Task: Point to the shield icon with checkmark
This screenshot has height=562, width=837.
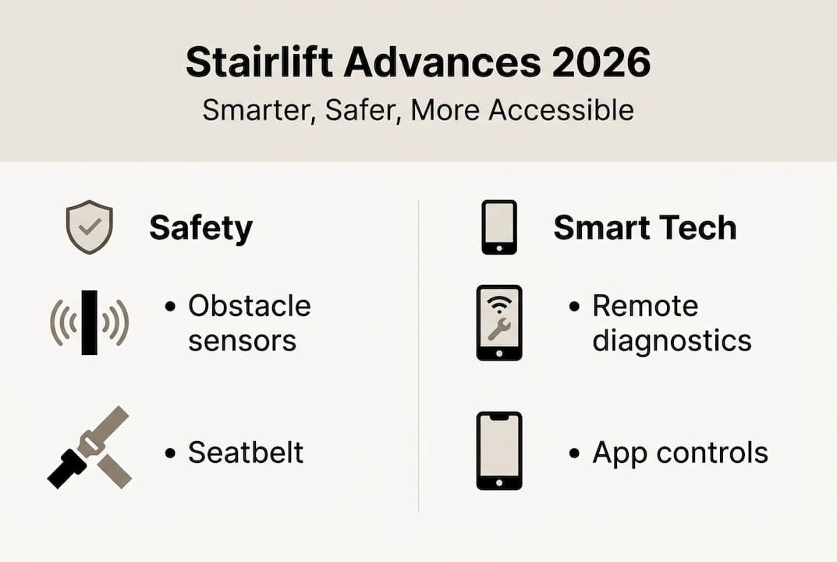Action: pyautogui.click(x=90, y=227)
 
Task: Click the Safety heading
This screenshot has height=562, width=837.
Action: pyautogui.click(x=200, y=228)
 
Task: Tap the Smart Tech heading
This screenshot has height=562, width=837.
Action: pyautogui.click(x=644, y=228)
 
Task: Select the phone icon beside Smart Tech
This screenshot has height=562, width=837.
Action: pyautogui.click(x=498, y=227)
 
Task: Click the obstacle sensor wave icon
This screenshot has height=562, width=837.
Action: pyautogui.click(x=89, y=322)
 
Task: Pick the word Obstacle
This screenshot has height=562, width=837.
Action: pyautogui.click(x=249, y=306)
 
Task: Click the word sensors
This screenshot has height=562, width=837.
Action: pyautogui.click(x=242, y=340)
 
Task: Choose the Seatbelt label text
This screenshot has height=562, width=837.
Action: pyautogui.click(x=245, y=452)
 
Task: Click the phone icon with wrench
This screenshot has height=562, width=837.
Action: pyautogui.click(x=498, y=322)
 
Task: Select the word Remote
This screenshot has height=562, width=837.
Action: pyautogui.click(x=645, y=306)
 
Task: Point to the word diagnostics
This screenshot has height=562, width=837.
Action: pyautogui.click(x=672, y=340)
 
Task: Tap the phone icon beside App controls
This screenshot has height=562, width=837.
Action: pyautogui.click(x=498, y=450)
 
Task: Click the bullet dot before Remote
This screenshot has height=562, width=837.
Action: pyautogui.click(x=575, y=307)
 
